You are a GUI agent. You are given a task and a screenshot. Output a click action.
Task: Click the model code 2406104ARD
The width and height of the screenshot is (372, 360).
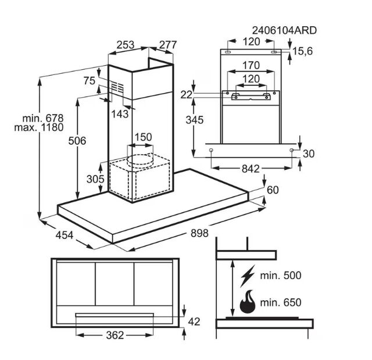284,31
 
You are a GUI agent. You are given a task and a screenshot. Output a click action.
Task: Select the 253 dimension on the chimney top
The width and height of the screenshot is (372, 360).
126,45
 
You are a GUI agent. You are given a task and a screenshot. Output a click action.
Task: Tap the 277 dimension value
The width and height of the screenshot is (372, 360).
168,45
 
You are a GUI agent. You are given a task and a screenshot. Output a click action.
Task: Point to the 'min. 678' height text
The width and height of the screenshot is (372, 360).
43,118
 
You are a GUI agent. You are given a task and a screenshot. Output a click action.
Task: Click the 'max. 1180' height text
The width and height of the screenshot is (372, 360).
39,127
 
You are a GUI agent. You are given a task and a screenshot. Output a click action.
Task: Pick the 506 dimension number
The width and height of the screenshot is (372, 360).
77,141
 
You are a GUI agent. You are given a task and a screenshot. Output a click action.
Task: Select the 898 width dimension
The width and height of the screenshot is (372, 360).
199,233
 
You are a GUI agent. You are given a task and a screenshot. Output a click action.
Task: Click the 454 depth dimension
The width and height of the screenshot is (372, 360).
65,235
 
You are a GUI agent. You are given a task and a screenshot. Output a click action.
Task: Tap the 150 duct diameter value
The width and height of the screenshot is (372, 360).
144,137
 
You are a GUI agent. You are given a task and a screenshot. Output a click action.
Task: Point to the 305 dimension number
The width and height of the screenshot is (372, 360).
95,179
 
